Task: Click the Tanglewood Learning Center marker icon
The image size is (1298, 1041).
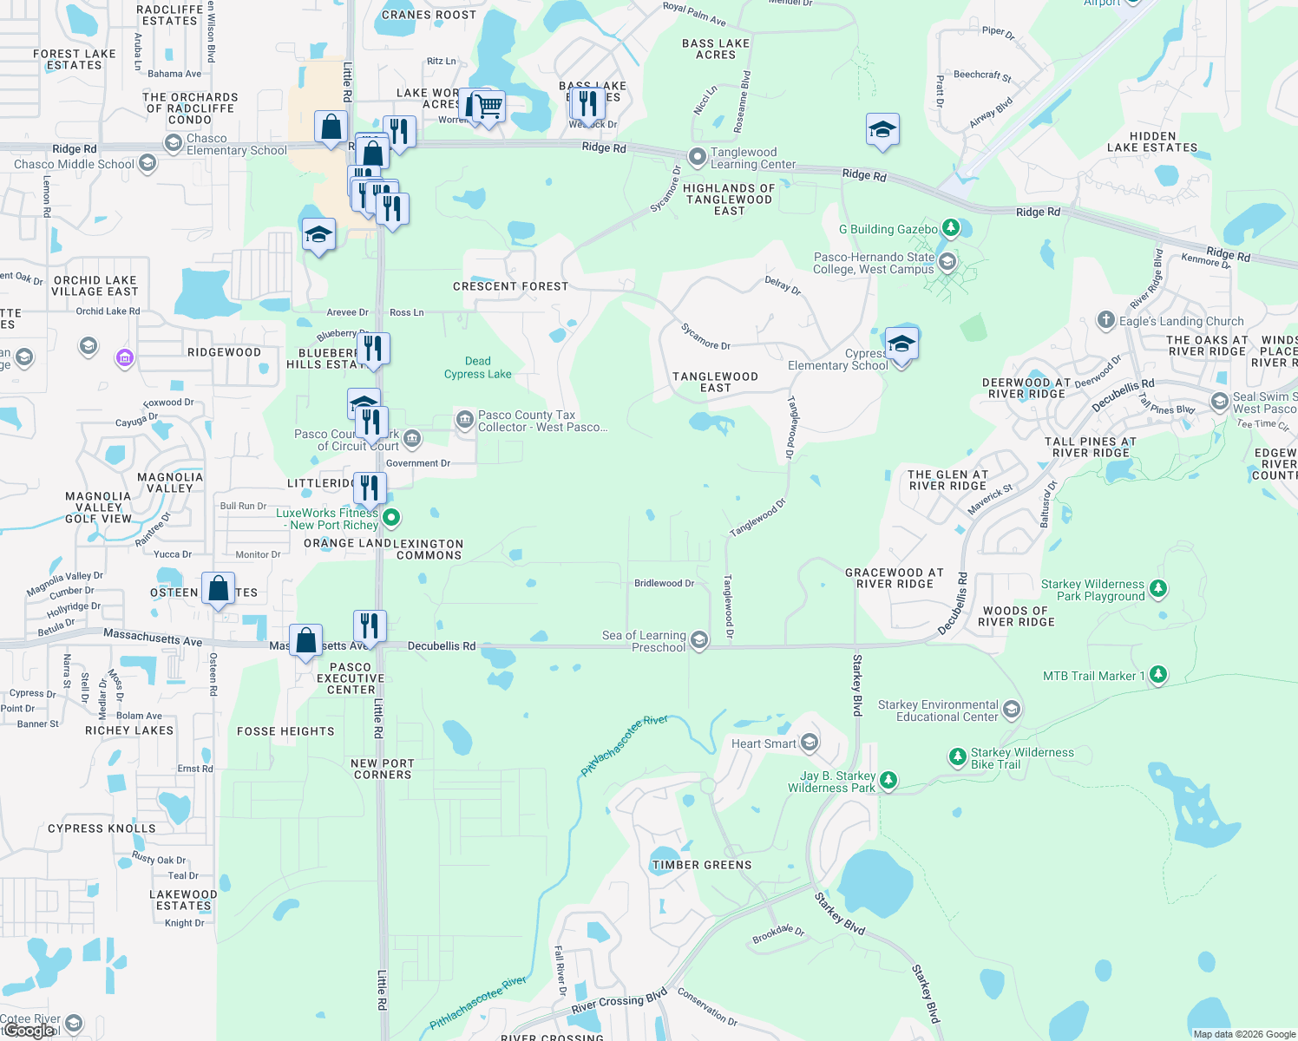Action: click(x=698, y=157)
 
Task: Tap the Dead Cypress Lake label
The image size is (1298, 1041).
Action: click(x=477, y=368)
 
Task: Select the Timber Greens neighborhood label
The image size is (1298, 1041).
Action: click(x=702, y=865)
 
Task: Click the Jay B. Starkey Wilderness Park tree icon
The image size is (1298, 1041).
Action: click(x=888, y=781)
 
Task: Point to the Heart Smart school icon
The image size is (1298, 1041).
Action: click(x=810, y=743)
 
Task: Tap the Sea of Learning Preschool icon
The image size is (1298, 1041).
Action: click(x=699, y=640)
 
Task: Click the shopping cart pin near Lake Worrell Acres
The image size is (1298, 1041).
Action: click(x=488, y=108)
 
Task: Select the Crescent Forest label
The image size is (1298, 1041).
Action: click(x=510, y=286)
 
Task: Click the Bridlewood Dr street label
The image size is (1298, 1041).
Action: click(x=664, y=583)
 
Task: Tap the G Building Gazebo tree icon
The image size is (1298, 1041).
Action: click(x=951, y=228)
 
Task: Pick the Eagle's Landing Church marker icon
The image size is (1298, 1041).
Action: click(x=1105, y=320)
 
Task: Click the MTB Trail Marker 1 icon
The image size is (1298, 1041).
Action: click(x=1157, y=675)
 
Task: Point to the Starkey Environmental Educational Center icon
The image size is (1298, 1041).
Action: click(x=1011, y=710)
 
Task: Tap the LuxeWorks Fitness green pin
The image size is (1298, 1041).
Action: click(x=391, y=518)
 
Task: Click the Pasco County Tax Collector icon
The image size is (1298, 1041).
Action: click(x=465, y=421)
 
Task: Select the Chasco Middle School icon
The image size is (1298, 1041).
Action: click(x=147, y=163)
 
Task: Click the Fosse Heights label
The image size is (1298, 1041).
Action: click(x=285, y=731)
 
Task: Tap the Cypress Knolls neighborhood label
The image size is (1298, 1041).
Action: click(x=102, y=828)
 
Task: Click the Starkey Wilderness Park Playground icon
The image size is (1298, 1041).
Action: click(x=1158, y=590)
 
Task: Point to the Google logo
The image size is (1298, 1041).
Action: click(x=29, y=1031)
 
